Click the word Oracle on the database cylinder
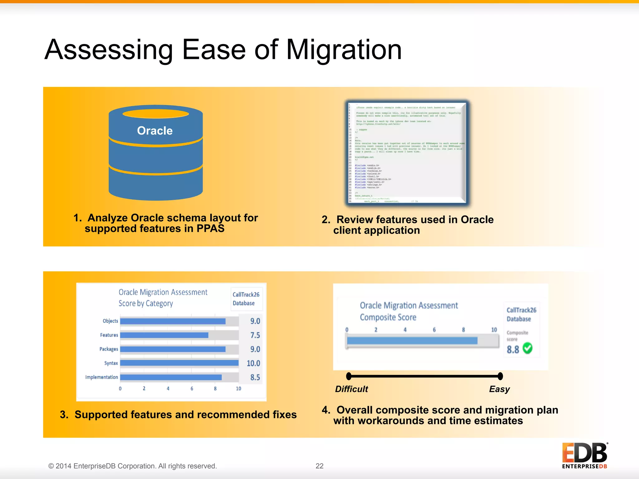[x=155, y=131]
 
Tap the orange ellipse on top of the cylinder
[x=156, y=114]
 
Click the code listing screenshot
[x=407, y=153]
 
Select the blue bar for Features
[x=164, y=335]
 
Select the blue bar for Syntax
[x=179, y=363]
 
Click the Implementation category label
[x=101, y=377]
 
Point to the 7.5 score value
[x=255, y=335]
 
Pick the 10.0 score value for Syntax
[x=253, y=363]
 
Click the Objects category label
[x=110, y=321]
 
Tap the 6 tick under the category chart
[x=192, y=389]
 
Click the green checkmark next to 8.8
[x=527, y=348]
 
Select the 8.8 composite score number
[x=513, y=350]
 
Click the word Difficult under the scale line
[x=351, y=389]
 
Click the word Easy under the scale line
[x=499, y=389]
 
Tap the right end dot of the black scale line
[x=500, y=376]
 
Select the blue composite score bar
[x=412, y=341]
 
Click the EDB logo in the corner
[x=584, y=455]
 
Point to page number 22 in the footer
[x=319, y=466]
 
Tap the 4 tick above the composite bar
[x=405, y=330]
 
